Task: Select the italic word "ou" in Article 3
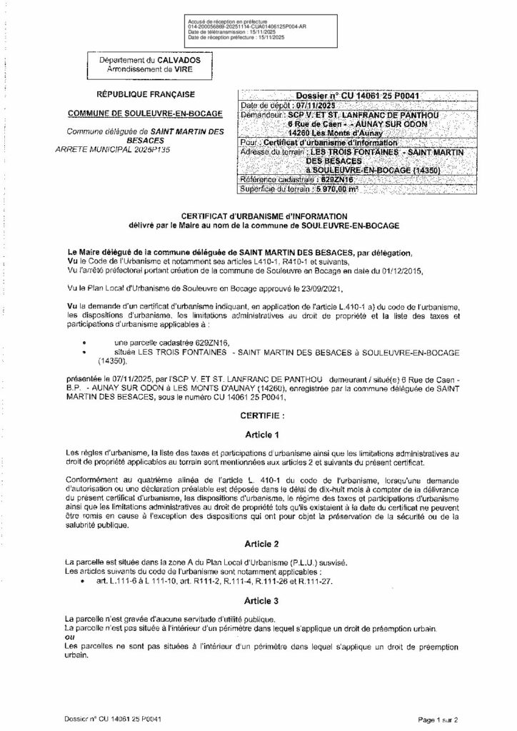tap(69, 637)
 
